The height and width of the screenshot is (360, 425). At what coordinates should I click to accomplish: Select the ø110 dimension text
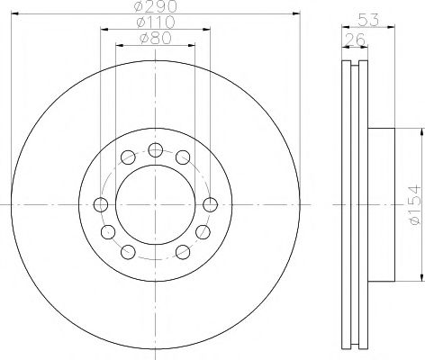(154, 22)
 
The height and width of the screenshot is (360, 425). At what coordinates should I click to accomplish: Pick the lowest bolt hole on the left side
(128, 250)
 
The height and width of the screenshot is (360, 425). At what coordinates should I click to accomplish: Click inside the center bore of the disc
(154, 202)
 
